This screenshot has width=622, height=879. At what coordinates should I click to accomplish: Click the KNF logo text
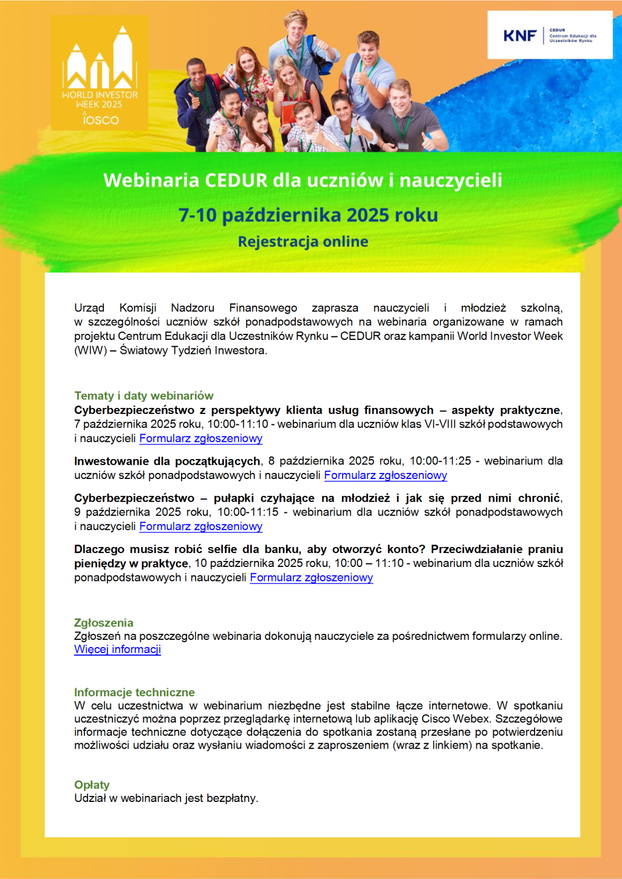(x=519, y=36)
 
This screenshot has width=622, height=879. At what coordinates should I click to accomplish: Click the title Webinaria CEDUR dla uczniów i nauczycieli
(x=302, y=180)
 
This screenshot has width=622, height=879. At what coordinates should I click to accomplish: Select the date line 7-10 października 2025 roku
(x=308, y=215)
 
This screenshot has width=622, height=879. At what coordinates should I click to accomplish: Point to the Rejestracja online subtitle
(x=302, y=242)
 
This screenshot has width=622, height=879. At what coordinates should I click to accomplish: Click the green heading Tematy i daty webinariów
(x=144, y=396)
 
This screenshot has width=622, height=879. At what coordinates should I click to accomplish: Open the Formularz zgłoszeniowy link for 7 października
(x=200, y=438)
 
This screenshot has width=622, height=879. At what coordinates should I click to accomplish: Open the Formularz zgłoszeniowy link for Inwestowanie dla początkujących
(x=385, y=475)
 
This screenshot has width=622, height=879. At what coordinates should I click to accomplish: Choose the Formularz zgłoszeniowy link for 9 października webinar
(x=200, y=526)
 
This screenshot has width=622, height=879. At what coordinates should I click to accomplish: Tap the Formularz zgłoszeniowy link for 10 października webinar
(x=311, y=577)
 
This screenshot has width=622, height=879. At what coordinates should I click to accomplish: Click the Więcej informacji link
(x=117, y=650)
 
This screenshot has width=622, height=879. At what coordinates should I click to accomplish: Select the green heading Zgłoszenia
(x=103, y=623)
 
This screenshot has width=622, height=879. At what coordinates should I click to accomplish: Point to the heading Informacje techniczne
(x=134, y=693)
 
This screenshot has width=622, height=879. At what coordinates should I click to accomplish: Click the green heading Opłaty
(x=92, y=785)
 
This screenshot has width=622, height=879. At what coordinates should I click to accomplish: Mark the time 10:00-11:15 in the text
(x=248, y=512)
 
